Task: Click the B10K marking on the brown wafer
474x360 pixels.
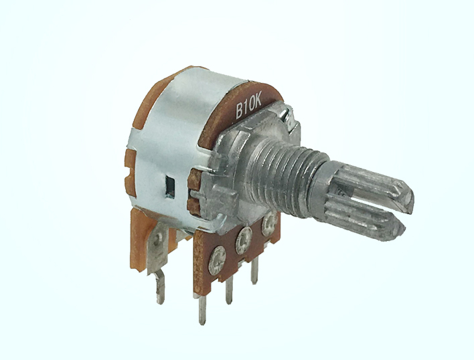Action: pos(248,106)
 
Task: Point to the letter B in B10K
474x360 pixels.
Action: pos(240,111)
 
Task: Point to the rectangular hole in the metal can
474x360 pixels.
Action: pos(171,187)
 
